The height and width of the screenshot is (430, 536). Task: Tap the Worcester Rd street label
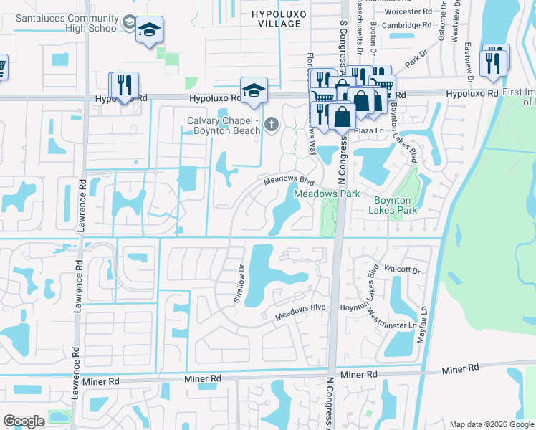(x=406, y=11)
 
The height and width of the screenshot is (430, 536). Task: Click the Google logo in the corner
(x=24, y=421)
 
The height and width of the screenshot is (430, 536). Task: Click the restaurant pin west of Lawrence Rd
(x=124, y=85)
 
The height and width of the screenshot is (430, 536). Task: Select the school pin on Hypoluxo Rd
(x=254, y=91)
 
